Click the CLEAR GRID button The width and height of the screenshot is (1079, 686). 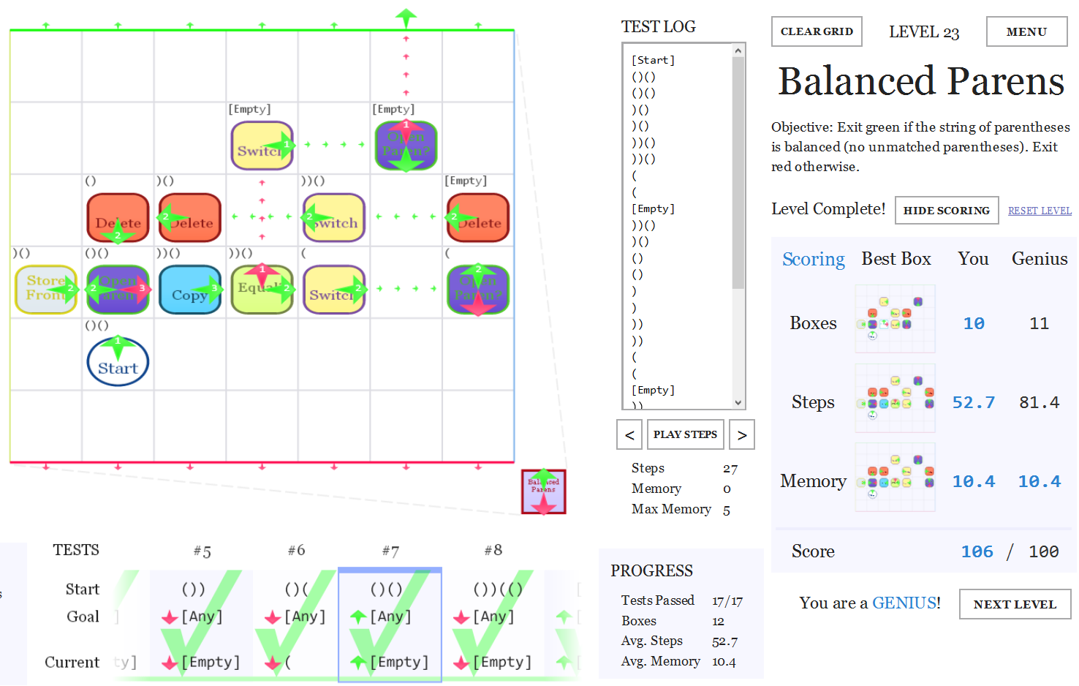click(x=817, y=31)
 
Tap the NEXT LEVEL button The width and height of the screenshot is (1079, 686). click(x=1015, y=604)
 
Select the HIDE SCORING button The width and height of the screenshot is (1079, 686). click(x=946, y=210)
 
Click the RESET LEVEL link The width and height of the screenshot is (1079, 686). click(x=1040, y=211)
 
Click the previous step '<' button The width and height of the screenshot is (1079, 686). click(x=629, y=434)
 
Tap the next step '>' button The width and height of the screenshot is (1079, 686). click(x=742, y=434)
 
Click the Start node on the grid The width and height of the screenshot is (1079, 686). click(x=118, y=363)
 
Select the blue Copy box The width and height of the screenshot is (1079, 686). click(x=189, y=290)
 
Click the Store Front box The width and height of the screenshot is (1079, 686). click(x=45, y=289)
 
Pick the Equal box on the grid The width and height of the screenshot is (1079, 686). click(x=261, y=290)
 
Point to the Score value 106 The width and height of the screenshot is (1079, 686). click(x=977, y=551)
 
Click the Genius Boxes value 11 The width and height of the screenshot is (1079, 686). click(x=1039, y=323)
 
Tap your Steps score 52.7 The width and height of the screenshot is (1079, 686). click(x=973, y=402)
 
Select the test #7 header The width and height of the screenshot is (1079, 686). click(x=390, y=551)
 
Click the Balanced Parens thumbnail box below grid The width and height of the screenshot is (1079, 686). click(x=543, y=491)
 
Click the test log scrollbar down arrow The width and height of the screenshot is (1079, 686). click(x=738, y=402)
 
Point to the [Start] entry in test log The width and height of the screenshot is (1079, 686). click(x=653, y=60)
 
